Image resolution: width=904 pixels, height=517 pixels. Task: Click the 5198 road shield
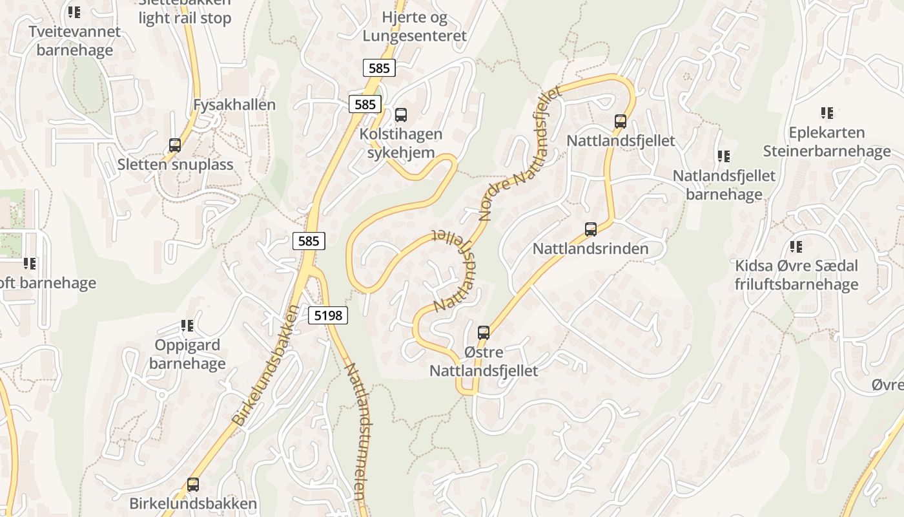tap(329, 315)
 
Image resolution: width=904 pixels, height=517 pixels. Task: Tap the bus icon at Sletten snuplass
tap(174, 145)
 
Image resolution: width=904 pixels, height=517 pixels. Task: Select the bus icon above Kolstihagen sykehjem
tap(401, 115)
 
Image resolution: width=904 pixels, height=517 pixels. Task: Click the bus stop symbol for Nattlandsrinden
tap(590, 229)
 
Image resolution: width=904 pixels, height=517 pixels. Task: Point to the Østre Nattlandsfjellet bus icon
tap(484, 333)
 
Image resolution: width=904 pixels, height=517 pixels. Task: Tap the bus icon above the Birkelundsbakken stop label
tap(192, 484)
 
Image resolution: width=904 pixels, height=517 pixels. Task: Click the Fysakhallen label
tap(234, 105)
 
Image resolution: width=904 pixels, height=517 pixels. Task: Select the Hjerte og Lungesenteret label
tap(414, 26)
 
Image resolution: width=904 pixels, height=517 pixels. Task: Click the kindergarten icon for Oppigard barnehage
tap(187, 325)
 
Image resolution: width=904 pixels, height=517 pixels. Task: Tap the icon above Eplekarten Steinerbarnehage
tap(827, 113)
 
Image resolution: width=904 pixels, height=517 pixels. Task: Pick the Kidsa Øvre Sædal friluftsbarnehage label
tap(796, 275)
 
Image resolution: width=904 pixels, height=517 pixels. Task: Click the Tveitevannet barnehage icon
tap(74, 12)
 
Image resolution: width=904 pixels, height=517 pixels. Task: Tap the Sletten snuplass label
tap(175, 165)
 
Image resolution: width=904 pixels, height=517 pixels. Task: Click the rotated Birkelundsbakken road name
tap(266, 366)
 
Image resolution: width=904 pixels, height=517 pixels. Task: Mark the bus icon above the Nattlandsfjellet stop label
tap(621, 121)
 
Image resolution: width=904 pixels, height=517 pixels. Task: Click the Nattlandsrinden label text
tap(590, 249)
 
